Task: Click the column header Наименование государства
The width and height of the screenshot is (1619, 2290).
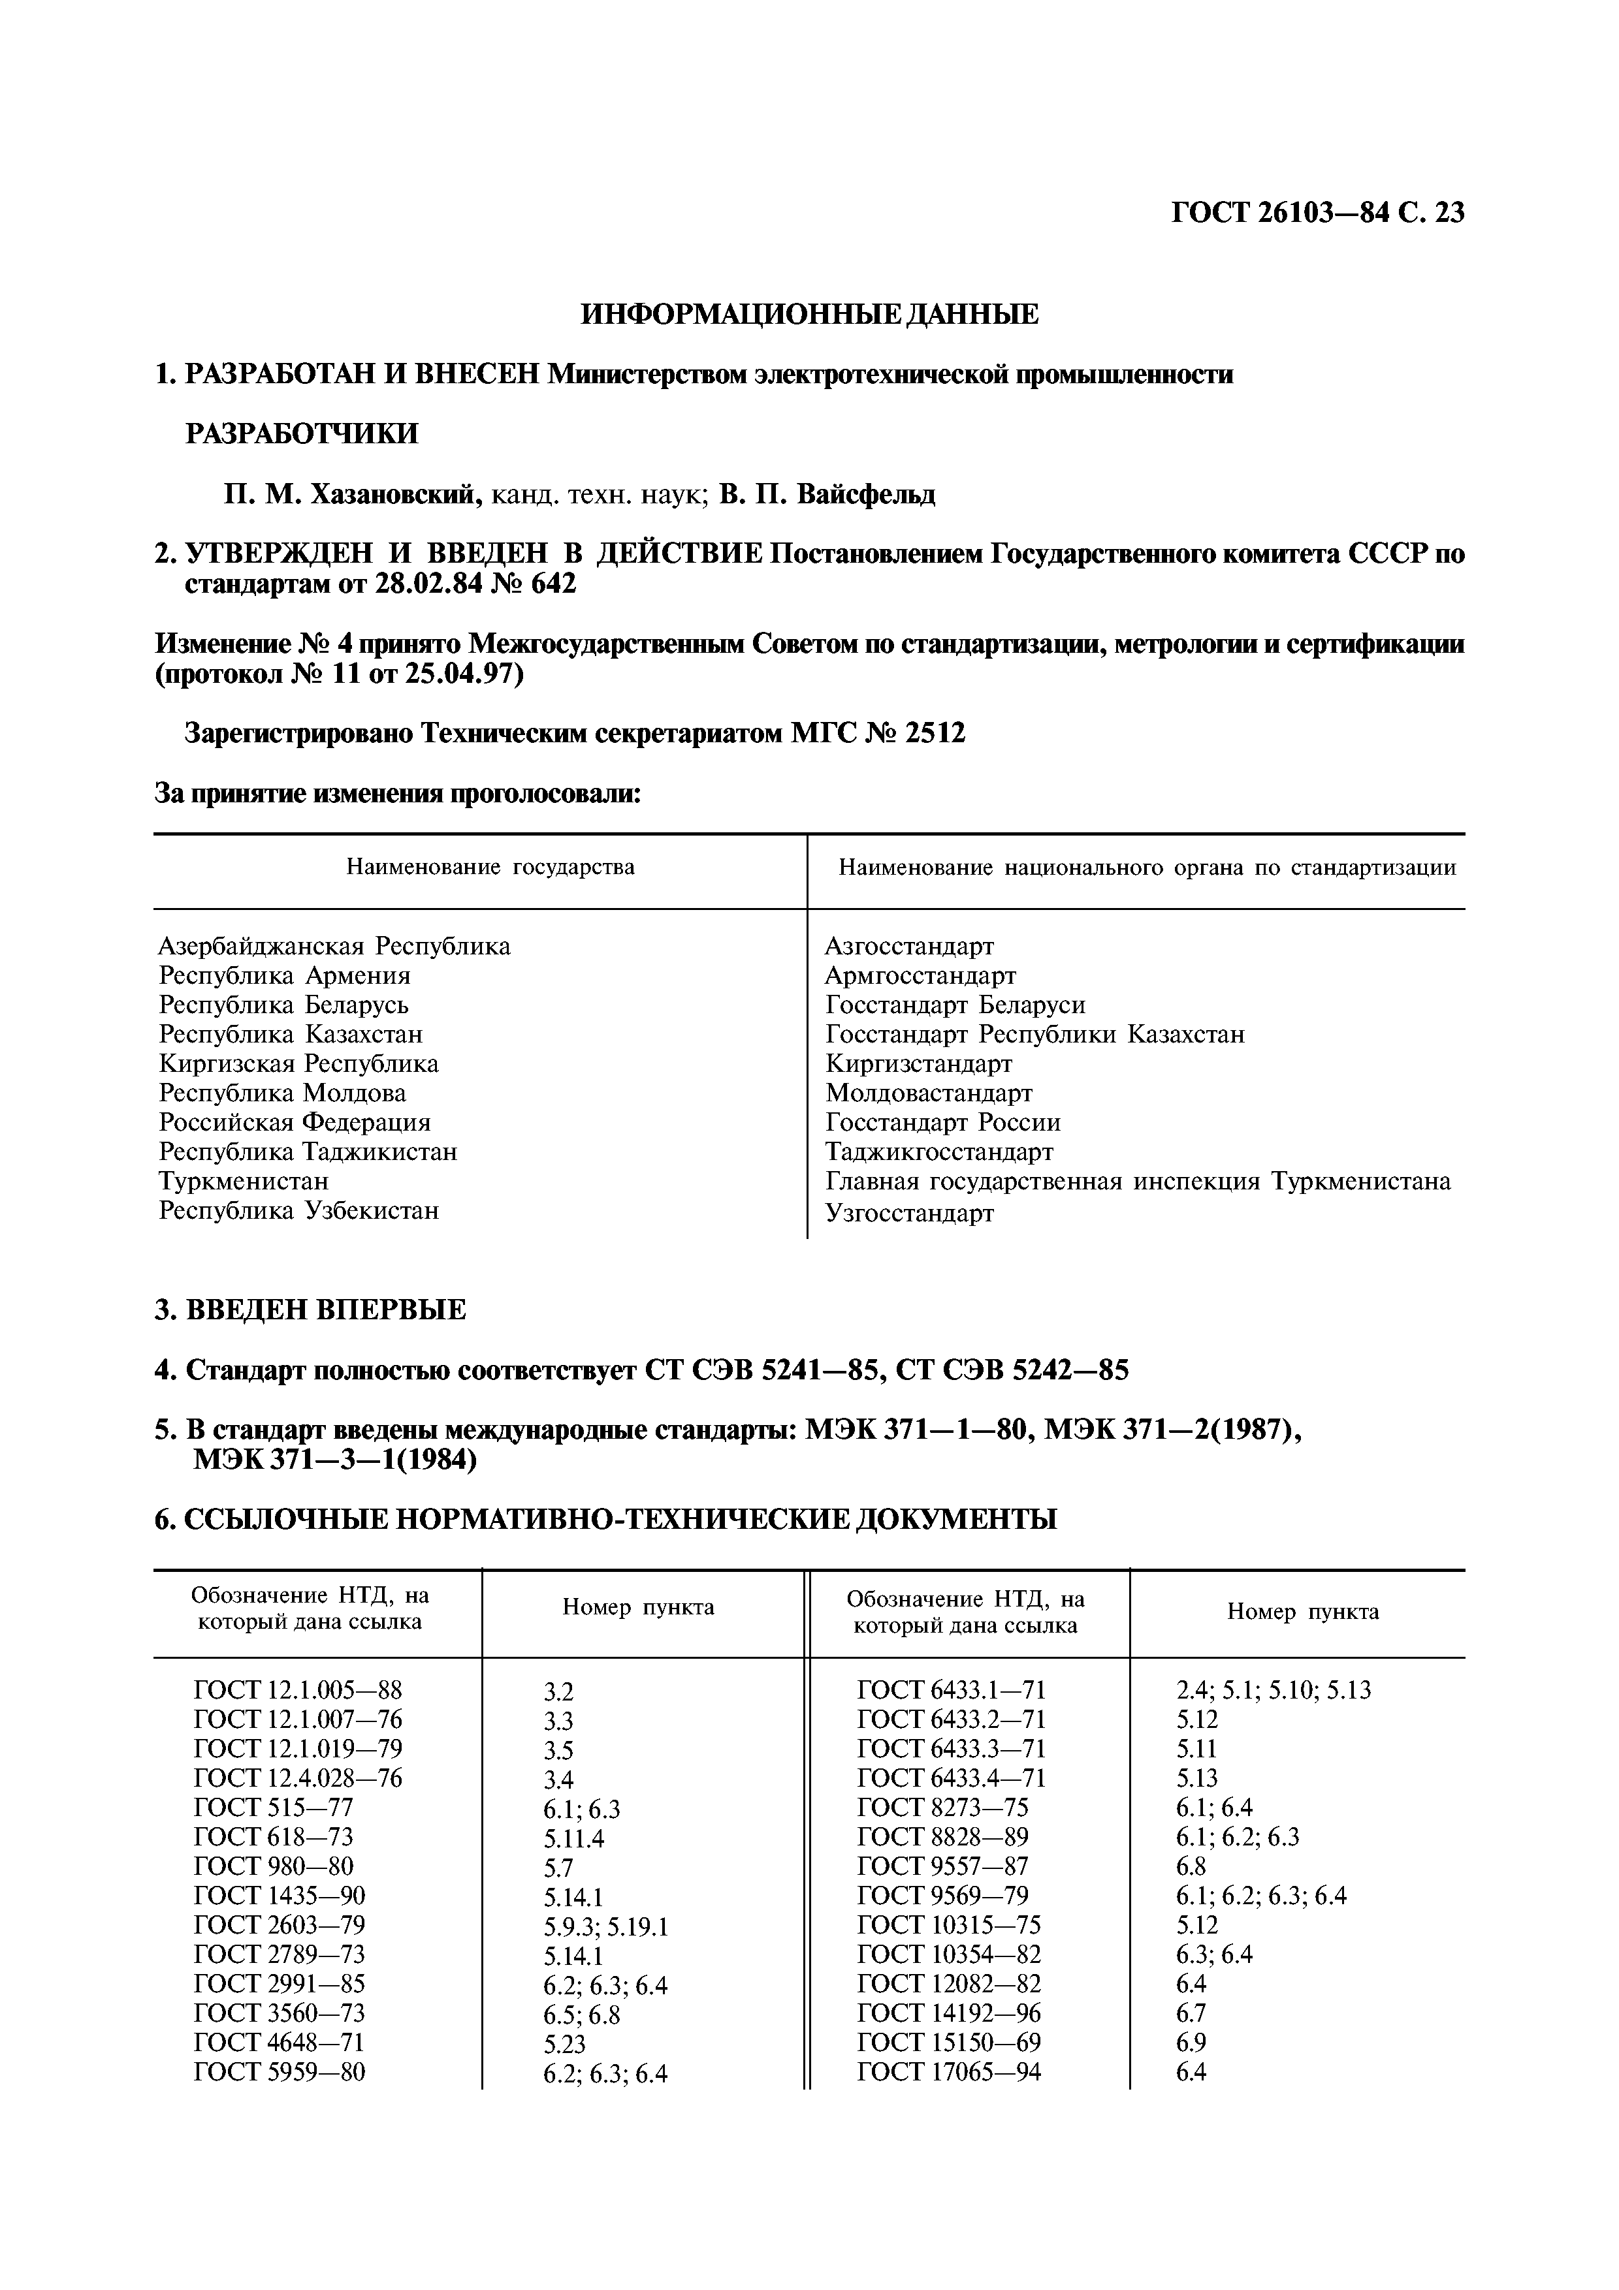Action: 490,867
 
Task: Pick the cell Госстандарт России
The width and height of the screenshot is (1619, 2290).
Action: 942,1122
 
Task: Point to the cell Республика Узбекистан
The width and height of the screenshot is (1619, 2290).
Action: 298,1211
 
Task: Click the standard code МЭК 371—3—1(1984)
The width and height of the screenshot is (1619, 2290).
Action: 335,1460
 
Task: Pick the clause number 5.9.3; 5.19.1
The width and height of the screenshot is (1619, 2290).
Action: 605,1927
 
